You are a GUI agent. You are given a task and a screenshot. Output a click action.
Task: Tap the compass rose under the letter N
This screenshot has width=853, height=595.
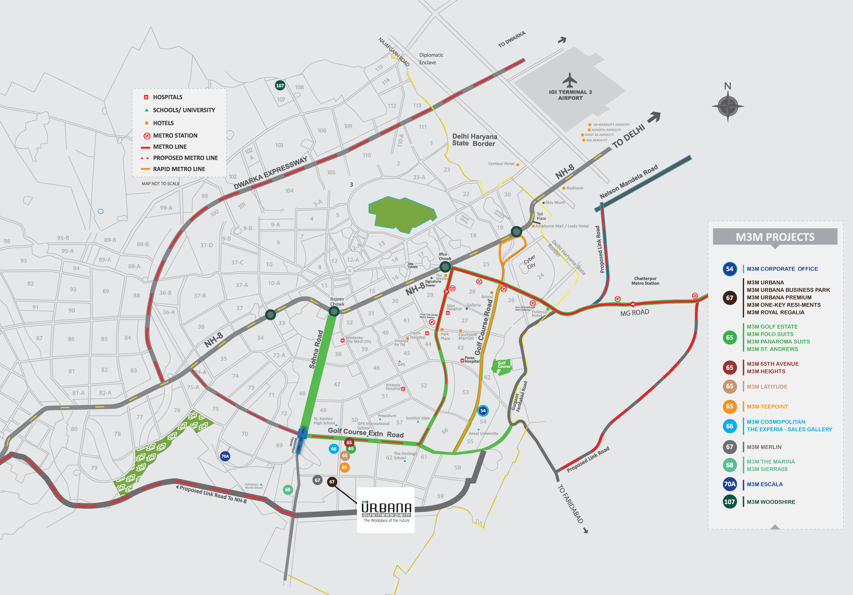(x=728, y=106)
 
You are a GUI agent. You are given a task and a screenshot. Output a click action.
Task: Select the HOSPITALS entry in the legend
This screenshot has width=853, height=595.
(x=167, y=97)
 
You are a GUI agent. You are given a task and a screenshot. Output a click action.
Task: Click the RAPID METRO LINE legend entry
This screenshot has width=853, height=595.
(x=178, y=169)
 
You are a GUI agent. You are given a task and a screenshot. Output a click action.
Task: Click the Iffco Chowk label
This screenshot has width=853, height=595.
(x=445, y=256)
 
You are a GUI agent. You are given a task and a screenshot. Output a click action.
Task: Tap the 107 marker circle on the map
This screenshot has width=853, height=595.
(x=280, y=85)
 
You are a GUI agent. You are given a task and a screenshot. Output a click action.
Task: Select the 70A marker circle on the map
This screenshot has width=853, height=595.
(x=225, y=456)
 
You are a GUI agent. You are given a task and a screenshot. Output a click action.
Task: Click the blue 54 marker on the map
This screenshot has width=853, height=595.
(x=483, y=411)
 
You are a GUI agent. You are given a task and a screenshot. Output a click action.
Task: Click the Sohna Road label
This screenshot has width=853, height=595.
(x=316, y=349)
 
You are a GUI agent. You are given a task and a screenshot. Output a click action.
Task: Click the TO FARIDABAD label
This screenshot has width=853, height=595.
(x=570, y=504)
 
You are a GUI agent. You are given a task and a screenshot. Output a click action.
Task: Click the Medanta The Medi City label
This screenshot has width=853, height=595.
(x=358, y=339)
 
